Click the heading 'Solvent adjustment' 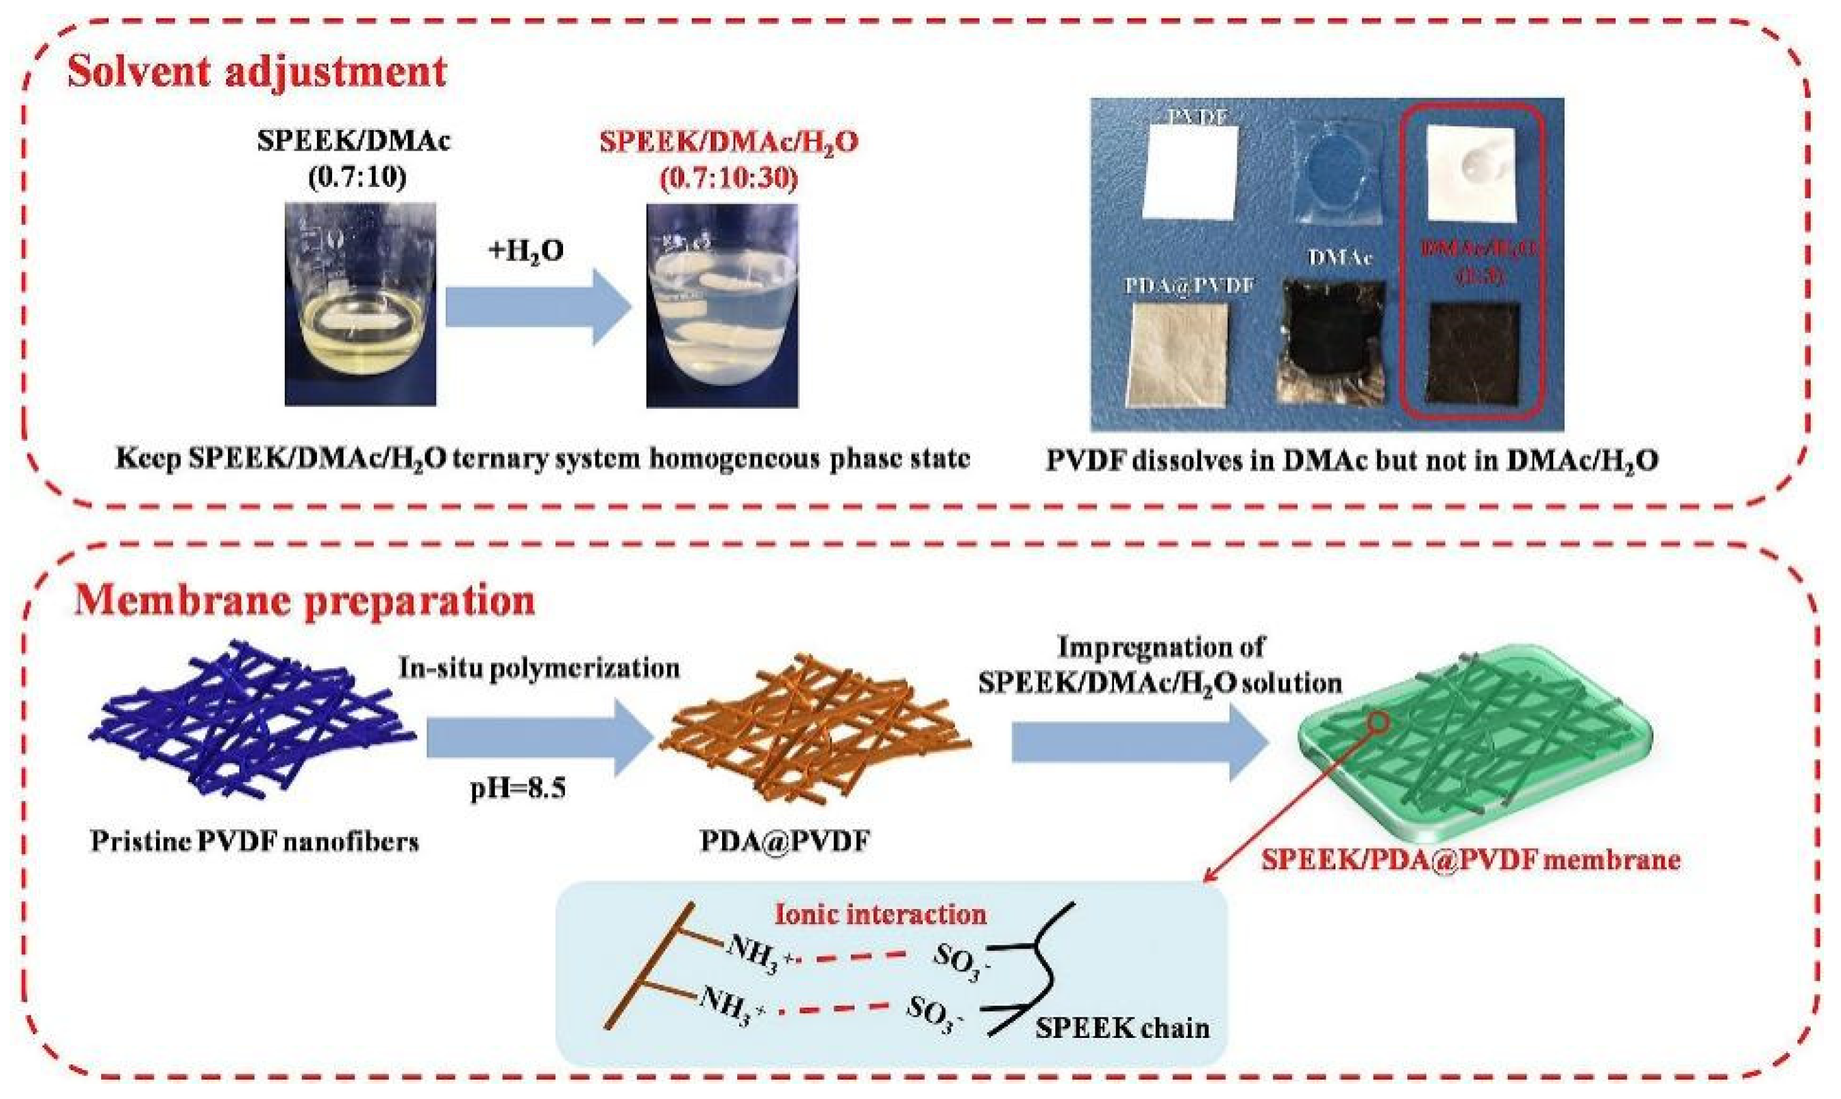pyautogui.click(x=257, y=72)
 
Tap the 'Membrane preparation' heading pyautogui.click(x=304, y=601)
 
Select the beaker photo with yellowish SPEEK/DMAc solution pyautogui.click(x=360, y=304)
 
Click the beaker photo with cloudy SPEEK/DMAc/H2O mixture pyautogui.click(x=722, y=305)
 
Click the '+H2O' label pyautogui.click(x=526, y=250)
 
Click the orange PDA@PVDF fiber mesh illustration pyautogui.click(x=815, y=729)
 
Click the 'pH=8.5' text pyautogui.click(x=518, y=789)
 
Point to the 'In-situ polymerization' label pyautogui.click(x=539, y=668)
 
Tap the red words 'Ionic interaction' pyautogui.click(x=881, y=915)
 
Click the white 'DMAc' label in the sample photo pyautogui.click(x=1339, y=258)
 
